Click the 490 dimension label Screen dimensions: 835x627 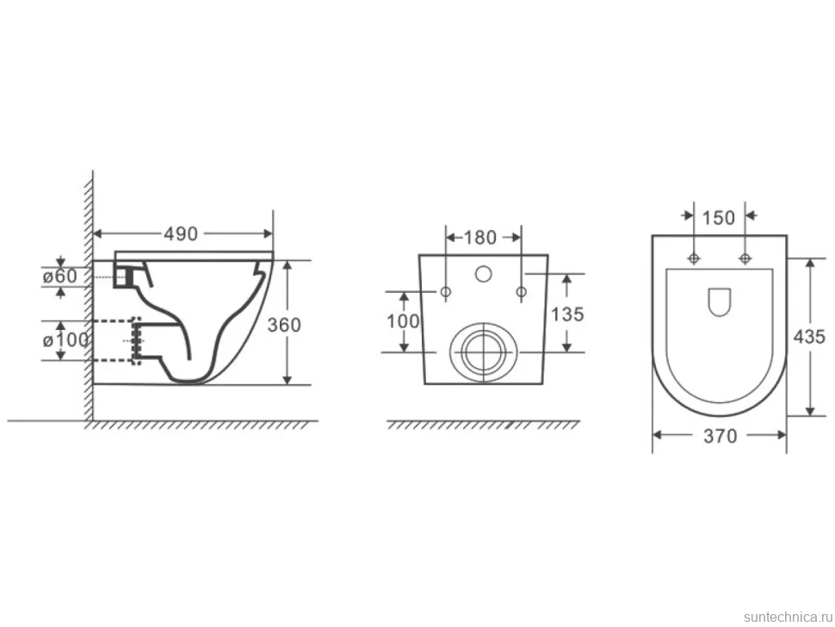[181, 234]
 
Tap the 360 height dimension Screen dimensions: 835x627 [284, 325]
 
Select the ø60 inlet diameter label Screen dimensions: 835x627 [59, 276]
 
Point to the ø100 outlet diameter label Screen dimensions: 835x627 [65, 340]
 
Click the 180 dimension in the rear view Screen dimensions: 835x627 [479, 238]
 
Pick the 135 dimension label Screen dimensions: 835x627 [567, 314]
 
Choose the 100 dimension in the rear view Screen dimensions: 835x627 [403, 321]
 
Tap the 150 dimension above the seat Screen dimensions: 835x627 [719, 218]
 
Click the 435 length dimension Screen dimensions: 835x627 [809, 337]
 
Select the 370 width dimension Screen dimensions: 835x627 [720, 437]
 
